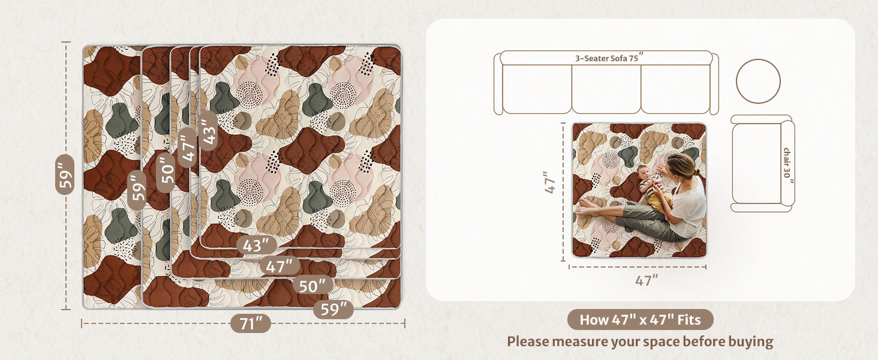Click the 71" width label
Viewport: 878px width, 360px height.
251,323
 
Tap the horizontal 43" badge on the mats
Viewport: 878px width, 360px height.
257,245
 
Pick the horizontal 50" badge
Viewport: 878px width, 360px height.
313,286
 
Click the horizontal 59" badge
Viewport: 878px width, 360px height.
333,310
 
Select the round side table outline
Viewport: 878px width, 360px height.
758,81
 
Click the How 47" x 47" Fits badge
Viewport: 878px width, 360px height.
640,320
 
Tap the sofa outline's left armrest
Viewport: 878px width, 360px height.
498,84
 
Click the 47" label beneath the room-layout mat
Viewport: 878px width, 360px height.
646,280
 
